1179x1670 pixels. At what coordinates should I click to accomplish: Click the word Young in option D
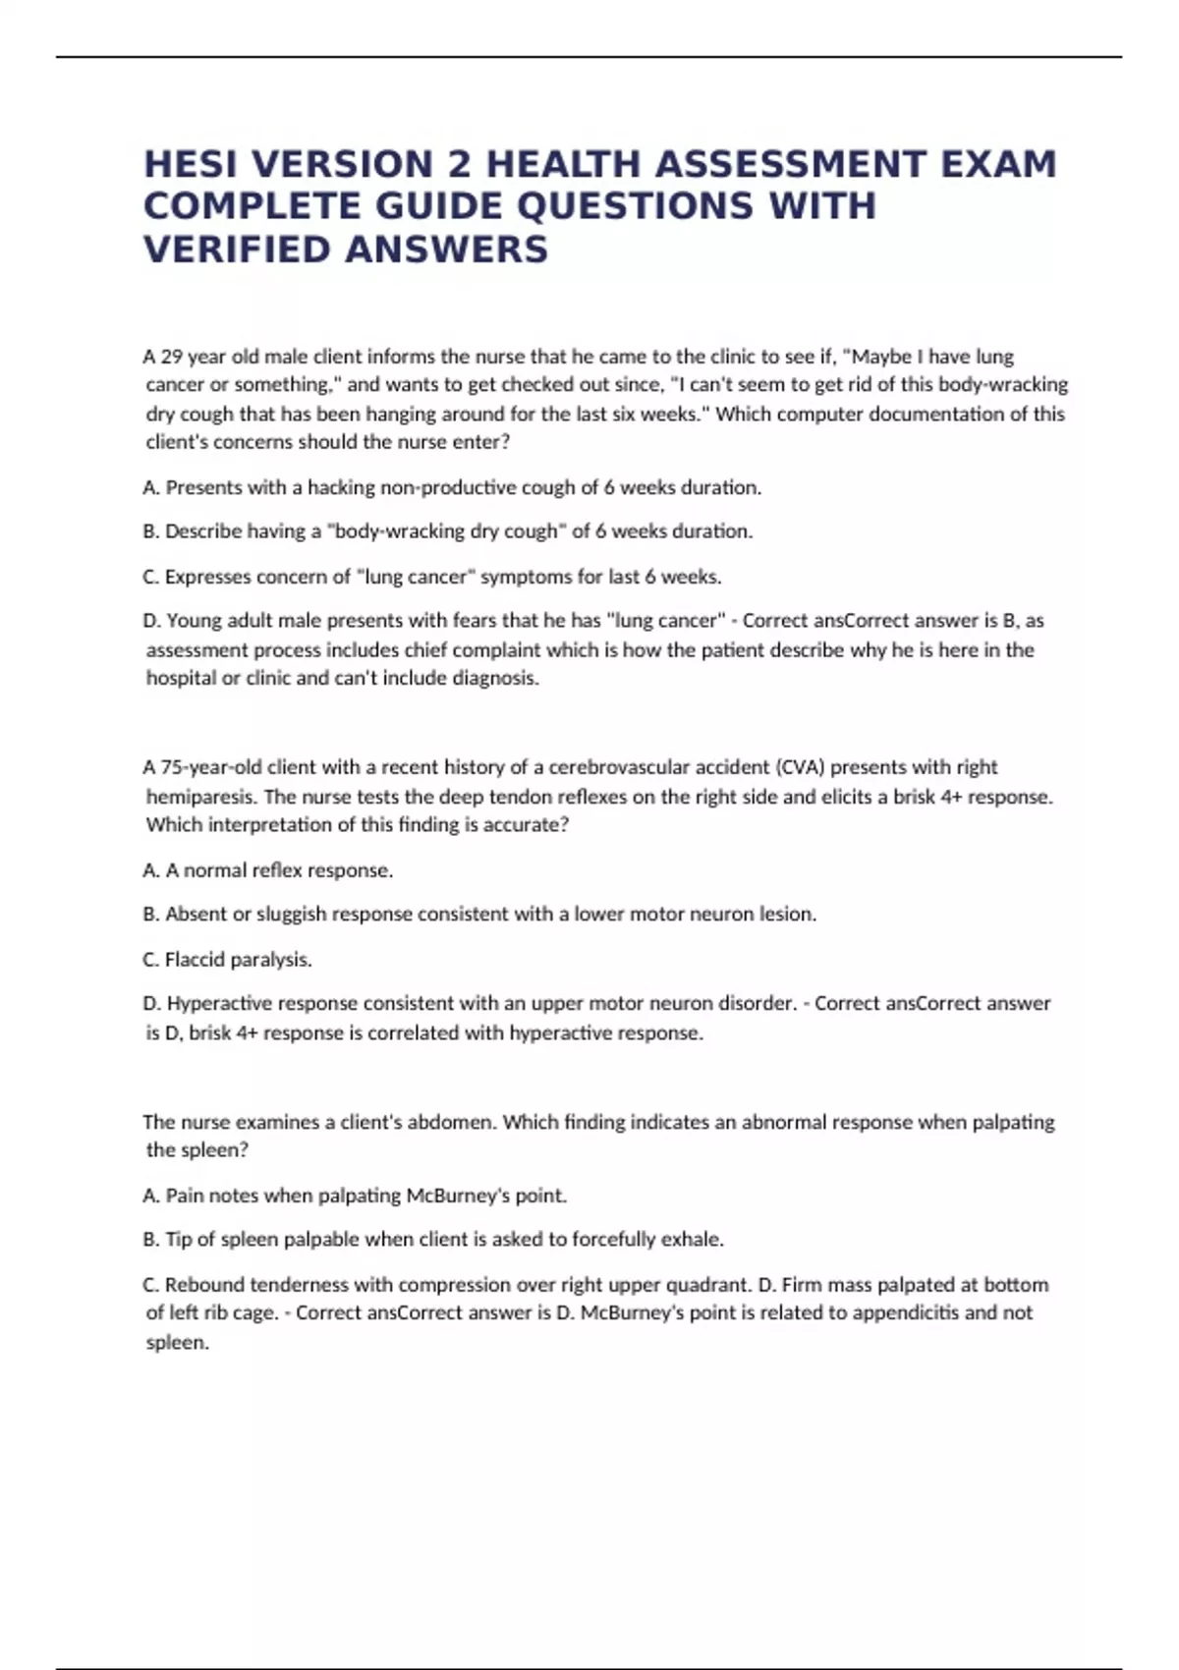193,621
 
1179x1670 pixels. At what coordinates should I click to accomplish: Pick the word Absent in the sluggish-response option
196,915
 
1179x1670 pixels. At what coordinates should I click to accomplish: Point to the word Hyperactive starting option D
219,1004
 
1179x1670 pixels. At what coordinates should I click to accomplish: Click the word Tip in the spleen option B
178,1240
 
